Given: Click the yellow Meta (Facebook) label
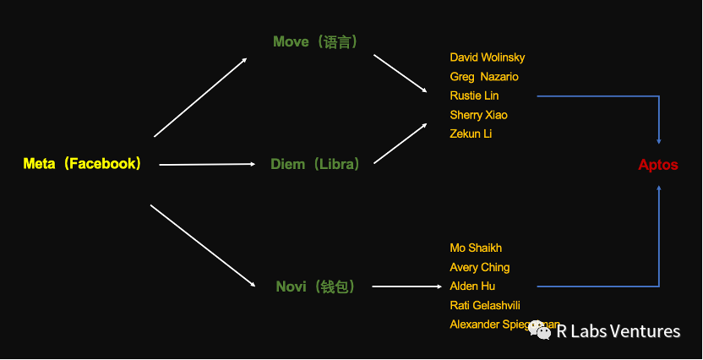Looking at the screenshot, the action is point(82,164).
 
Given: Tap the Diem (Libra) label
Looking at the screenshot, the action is point(314,164).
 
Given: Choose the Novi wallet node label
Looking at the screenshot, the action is point(315,286).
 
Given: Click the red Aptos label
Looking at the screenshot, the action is point(658,165).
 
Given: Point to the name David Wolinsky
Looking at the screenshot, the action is point(487,57).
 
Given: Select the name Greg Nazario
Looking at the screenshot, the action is point(484,77).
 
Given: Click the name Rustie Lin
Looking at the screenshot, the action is point(474,95).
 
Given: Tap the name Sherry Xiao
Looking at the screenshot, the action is point(478,115).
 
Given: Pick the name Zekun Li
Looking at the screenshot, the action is point(470,134).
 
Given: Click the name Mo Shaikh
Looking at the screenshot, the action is point(476,248).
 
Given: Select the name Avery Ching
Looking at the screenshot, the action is point(479,267).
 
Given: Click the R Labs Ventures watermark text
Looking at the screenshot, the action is point(618,331).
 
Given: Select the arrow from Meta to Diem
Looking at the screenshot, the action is point(207,165).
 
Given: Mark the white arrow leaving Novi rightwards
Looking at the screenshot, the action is point(407,286).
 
